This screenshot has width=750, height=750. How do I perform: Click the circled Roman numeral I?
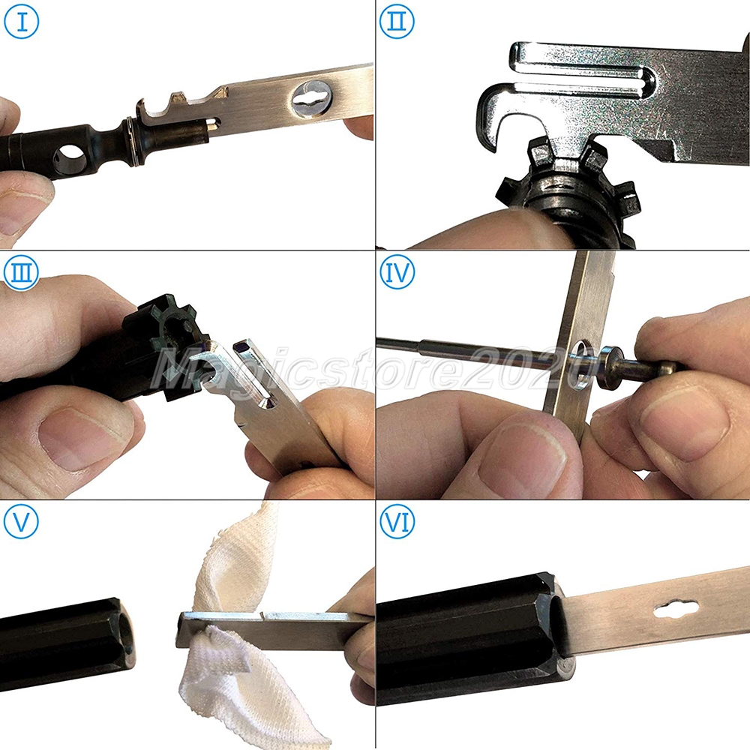click(x=21, y=22)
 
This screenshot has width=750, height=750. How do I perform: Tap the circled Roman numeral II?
click(x=397, y=22)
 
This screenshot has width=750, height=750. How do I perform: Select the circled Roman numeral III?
click(x=21, y=272)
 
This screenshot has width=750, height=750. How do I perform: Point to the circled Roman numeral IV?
click(x=397, y=272)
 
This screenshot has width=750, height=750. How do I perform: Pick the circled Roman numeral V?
click(x=21, y=521)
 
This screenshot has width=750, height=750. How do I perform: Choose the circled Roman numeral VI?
click(x=397, y=521)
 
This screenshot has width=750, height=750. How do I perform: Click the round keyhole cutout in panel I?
click(x=311, y=98)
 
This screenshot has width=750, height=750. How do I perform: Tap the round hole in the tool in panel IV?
click(x=581, y=364)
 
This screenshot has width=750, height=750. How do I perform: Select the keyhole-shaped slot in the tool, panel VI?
click(x=676, y=610)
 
